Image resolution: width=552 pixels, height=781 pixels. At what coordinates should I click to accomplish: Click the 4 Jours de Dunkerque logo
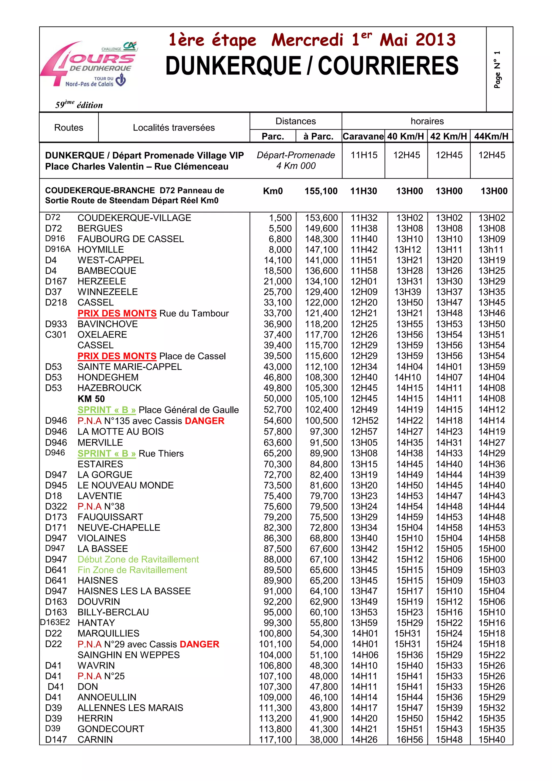[x=89, y=65]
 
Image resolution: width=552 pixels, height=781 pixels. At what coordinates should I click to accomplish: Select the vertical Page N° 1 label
[x=497, y=70]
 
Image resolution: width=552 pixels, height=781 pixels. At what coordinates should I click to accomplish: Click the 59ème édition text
[x=79, y=105]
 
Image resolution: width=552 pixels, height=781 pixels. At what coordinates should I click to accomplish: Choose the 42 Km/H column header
[x=448, y=136]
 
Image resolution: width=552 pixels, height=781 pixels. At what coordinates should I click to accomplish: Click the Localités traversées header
[x=174, y=128]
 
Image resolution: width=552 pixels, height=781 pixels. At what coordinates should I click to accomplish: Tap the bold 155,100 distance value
[x=321, y=191]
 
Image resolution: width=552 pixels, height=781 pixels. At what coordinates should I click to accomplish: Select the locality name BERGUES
[x=100, y=228]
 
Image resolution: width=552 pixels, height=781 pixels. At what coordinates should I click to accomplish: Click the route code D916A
[x=57, y=249]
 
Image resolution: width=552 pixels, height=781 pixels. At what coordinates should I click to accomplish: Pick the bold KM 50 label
[x=91, y=399]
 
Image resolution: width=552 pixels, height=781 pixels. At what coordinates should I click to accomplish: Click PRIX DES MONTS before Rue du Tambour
[x=117, y=313]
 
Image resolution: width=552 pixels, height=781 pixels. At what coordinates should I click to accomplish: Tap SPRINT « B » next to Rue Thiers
[x=106, y=453]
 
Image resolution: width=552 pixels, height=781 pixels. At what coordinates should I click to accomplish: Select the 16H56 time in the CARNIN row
[x=409, y=739]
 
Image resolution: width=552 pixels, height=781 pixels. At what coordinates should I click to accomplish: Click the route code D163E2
[x=55, y=622]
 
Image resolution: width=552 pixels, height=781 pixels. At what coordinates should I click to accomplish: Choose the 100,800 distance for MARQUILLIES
[x=275, y=633]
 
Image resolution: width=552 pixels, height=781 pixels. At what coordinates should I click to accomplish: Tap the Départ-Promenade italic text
[x=296, y=155]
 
